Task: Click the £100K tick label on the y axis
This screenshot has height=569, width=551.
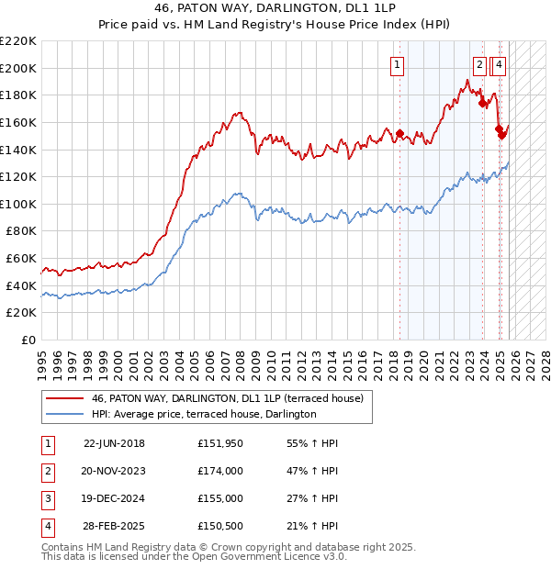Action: coord(18,204)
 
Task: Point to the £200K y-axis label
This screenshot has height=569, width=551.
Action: coord(18,68)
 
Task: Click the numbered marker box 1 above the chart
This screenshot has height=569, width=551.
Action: coord(398,64)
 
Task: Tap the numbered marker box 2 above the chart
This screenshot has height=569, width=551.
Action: coord(480,64)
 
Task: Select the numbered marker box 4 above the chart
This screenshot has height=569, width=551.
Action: coord(499,64)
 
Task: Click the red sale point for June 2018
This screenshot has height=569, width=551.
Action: coord(399,133)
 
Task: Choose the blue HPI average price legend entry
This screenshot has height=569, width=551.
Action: coord(203,415)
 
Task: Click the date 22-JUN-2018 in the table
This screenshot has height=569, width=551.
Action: coord(114,443)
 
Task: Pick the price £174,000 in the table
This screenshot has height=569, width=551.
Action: coord(220,471)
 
